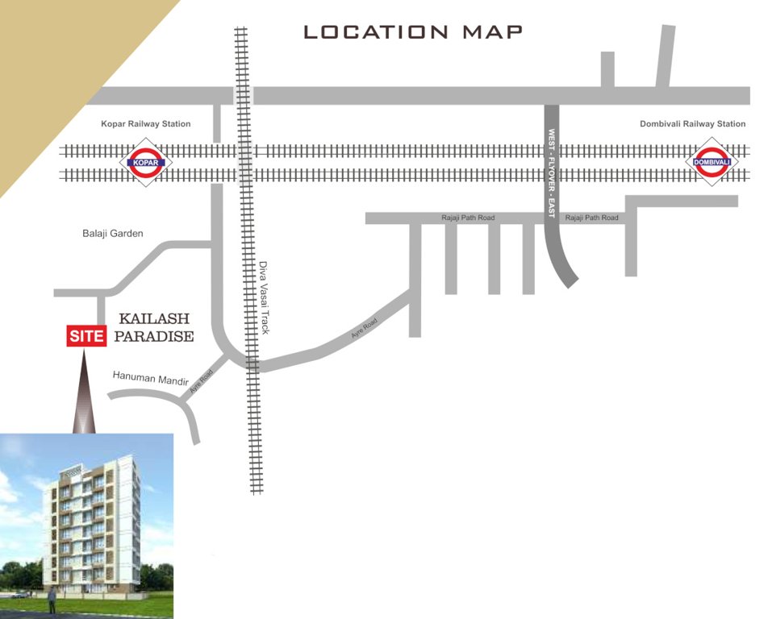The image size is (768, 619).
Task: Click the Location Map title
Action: [x=413, y=32]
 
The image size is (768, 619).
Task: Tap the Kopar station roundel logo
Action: [x=146, y=163]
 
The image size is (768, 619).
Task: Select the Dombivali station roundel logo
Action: [x=712, y=163]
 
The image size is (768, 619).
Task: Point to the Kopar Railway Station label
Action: [x=146, y=124]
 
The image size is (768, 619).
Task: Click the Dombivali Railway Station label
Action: [x=692, y=124]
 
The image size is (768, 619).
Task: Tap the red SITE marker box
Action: [x=87, y=336]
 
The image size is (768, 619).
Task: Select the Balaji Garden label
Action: [x=113, y=234]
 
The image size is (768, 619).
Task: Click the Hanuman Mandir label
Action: [x=151, y=377]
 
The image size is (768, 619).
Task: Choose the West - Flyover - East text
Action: [x=552, y=172]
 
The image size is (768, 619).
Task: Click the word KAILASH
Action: [x=154, y=319]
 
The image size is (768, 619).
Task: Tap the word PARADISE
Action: [x=154, y=337]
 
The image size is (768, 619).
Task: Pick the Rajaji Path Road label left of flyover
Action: [x=468, y=218]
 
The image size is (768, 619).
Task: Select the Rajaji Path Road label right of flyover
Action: [x=592, y=218]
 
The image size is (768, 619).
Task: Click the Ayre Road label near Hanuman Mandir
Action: [x=202, y=380]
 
